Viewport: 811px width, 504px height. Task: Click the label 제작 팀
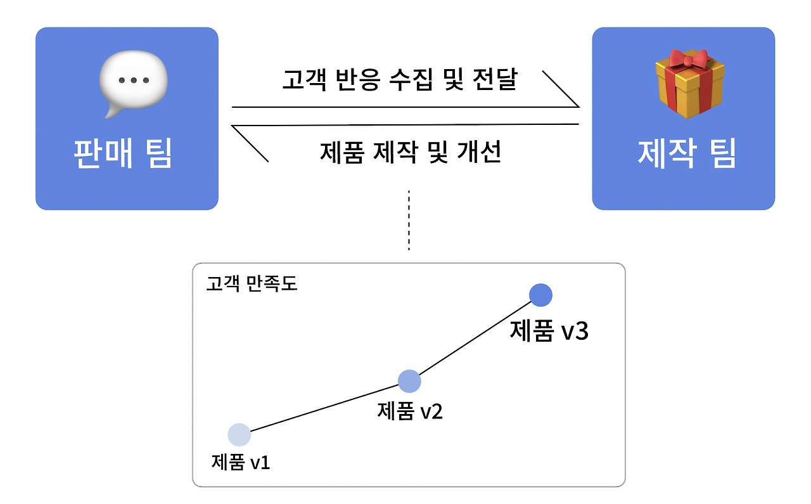coord(687,153)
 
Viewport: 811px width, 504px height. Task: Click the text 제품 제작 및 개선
coord(411,153)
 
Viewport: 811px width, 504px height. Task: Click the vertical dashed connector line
coord(409,221)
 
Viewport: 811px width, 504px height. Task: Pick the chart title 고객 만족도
coord(252,283)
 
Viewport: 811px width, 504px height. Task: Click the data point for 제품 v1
coord(239,434)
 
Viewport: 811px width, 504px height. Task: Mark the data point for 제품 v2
coord(409,381)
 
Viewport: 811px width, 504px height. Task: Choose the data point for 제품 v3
coord(540,294)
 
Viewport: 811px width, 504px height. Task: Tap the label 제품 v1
coord(241,462)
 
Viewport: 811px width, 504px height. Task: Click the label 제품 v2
coord(410,411)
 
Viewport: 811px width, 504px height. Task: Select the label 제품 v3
coord(549,332)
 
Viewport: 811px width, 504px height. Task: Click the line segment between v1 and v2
coord(324,408)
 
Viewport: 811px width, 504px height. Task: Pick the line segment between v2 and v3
coord(475,338)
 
